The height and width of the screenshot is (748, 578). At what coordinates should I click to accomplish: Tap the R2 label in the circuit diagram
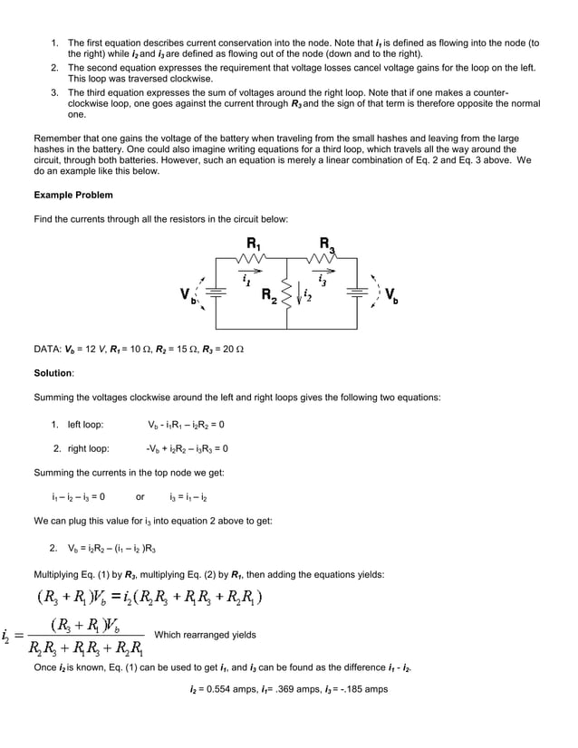(x=270, y=294)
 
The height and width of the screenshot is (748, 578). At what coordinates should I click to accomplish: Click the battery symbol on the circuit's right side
(x=361, y=292)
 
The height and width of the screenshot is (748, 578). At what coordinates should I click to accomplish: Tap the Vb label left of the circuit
(x=186, y=295)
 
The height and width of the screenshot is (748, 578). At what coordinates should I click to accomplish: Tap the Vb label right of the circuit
(x=390, y=294)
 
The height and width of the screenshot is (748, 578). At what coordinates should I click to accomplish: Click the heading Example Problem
(x=73, y=195)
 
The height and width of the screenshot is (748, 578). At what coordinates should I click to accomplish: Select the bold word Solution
(x=53, y=373)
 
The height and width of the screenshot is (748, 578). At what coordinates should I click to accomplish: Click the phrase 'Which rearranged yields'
(x=206, y=635)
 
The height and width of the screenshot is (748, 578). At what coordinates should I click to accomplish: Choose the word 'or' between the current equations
(x=140, y=496)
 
